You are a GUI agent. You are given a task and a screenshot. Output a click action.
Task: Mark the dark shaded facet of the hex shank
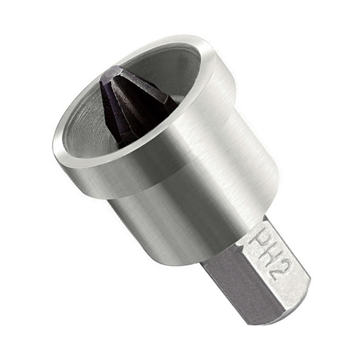tap(239, 288)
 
